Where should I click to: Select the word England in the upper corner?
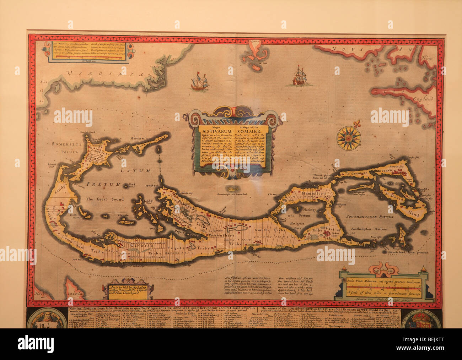click(423, 99)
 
